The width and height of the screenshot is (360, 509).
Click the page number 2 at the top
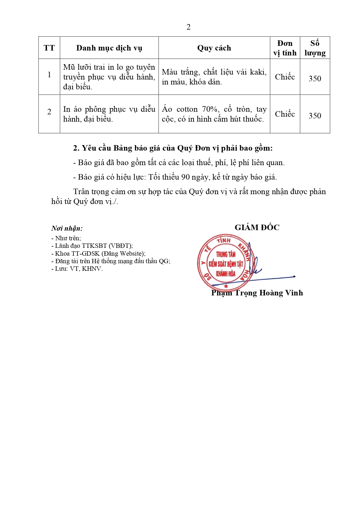188,27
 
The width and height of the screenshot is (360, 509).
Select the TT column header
49,48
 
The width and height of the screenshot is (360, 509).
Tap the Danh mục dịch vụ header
109,48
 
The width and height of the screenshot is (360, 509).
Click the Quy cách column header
214,48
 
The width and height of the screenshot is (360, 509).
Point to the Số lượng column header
315,48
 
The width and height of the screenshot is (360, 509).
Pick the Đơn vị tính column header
285,48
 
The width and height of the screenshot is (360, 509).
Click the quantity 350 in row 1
315,79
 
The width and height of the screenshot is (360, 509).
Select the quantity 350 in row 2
315,116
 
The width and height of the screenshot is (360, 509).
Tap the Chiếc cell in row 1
285,77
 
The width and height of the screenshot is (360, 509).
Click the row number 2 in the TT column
49,112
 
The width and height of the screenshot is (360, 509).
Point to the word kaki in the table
258,72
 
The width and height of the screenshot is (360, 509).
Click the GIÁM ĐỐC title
257,228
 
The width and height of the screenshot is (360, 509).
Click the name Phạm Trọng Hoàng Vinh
257,293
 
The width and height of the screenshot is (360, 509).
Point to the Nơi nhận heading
67,228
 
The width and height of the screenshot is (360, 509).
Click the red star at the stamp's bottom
226,286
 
